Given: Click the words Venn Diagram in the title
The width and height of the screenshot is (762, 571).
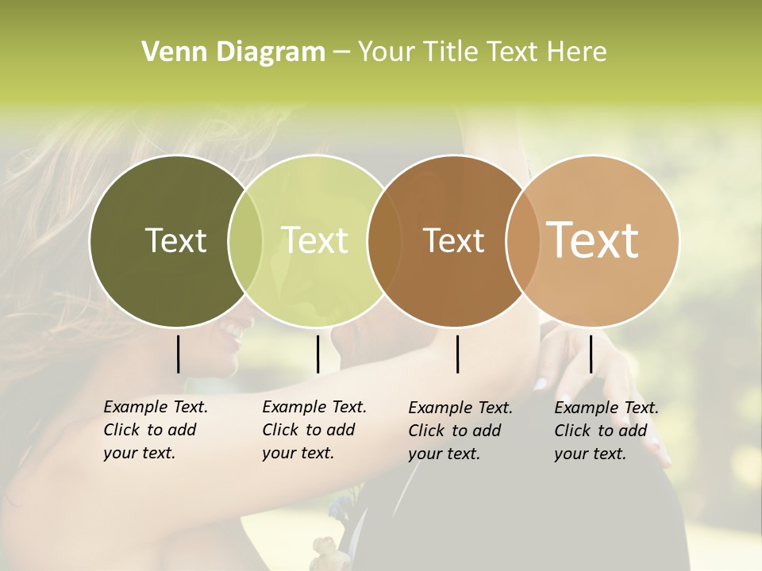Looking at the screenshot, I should [233, 52].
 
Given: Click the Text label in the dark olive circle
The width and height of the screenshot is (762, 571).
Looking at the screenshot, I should [175, 241].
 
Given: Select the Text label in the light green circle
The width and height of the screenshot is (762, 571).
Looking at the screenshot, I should [315, 241].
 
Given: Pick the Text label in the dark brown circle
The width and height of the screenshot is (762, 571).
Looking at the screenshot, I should [454, 241].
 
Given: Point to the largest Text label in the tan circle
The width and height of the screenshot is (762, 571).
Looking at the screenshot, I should [593, 240].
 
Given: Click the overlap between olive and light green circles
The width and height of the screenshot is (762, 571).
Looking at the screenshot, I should [245, 241].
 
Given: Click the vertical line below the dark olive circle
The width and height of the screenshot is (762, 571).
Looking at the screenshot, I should [178, 354].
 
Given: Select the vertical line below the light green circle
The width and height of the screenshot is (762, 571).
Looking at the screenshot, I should [317, 354].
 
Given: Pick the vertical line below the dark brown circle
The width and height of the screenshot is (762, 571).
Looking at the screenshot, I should [457, 354].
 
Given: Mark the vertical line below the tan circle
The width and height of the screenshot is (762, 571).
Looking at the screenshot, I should [591, 354].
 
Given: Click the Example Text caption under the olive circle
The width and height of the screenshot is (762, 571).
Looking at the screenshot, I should [155, 430].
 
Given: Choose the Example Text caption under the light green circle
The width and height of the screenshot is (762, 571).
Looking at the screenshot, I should [314, 430].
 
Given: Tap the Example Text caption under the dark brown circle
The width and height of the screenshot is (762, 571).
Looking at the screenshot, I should [460, 431].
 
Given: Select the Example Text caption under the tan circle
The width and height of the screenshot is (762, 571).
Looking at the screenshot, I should [606, 431].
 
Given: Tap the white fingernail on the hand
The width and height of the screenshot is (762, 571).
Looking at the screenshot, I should [540, 385].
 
